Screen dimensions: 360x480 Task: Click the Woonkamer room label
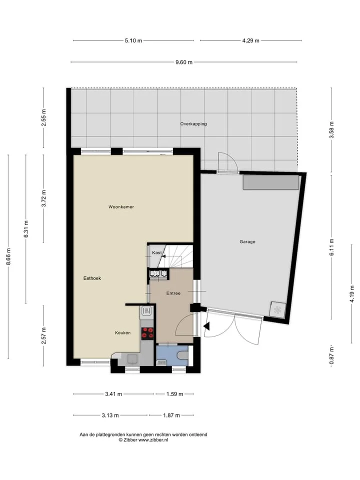(121, 207)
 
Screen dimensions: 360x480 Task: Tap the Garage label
(247, 242)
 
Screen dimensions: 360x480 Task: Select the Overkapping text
(193, 124)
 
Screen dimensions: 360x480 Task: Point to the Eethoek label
(92, 278)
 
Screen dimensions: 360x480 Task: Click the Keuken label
(123, 333)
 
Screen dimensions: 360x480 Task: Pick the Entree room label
(173, 293)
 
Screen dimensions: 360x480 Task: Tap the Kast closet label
(156, 253)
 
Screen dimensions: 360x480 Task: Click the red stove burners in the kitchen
(147, 333)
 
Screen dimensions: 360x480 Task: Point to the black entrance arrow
(206, 326)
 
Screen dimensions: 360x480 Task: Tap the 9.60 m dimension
(184, 62)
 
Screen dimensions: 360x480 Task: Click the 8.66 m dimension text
(8, 256)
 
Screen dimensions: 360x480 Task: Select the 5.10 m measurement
(133, 40)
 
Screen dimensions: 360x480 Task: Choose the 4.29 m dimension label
(250, 40)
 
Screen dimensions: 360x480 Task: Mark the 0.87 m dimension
(331, 355)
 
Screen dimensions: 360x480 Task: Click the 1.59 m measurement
(175, 394)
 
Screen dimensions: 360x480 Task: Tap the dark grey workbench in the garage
(271, 182)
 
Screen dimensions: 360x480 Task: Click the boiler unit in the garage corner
(277, 310)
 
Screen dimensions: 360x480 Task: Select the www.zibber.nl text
(153, 440)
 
